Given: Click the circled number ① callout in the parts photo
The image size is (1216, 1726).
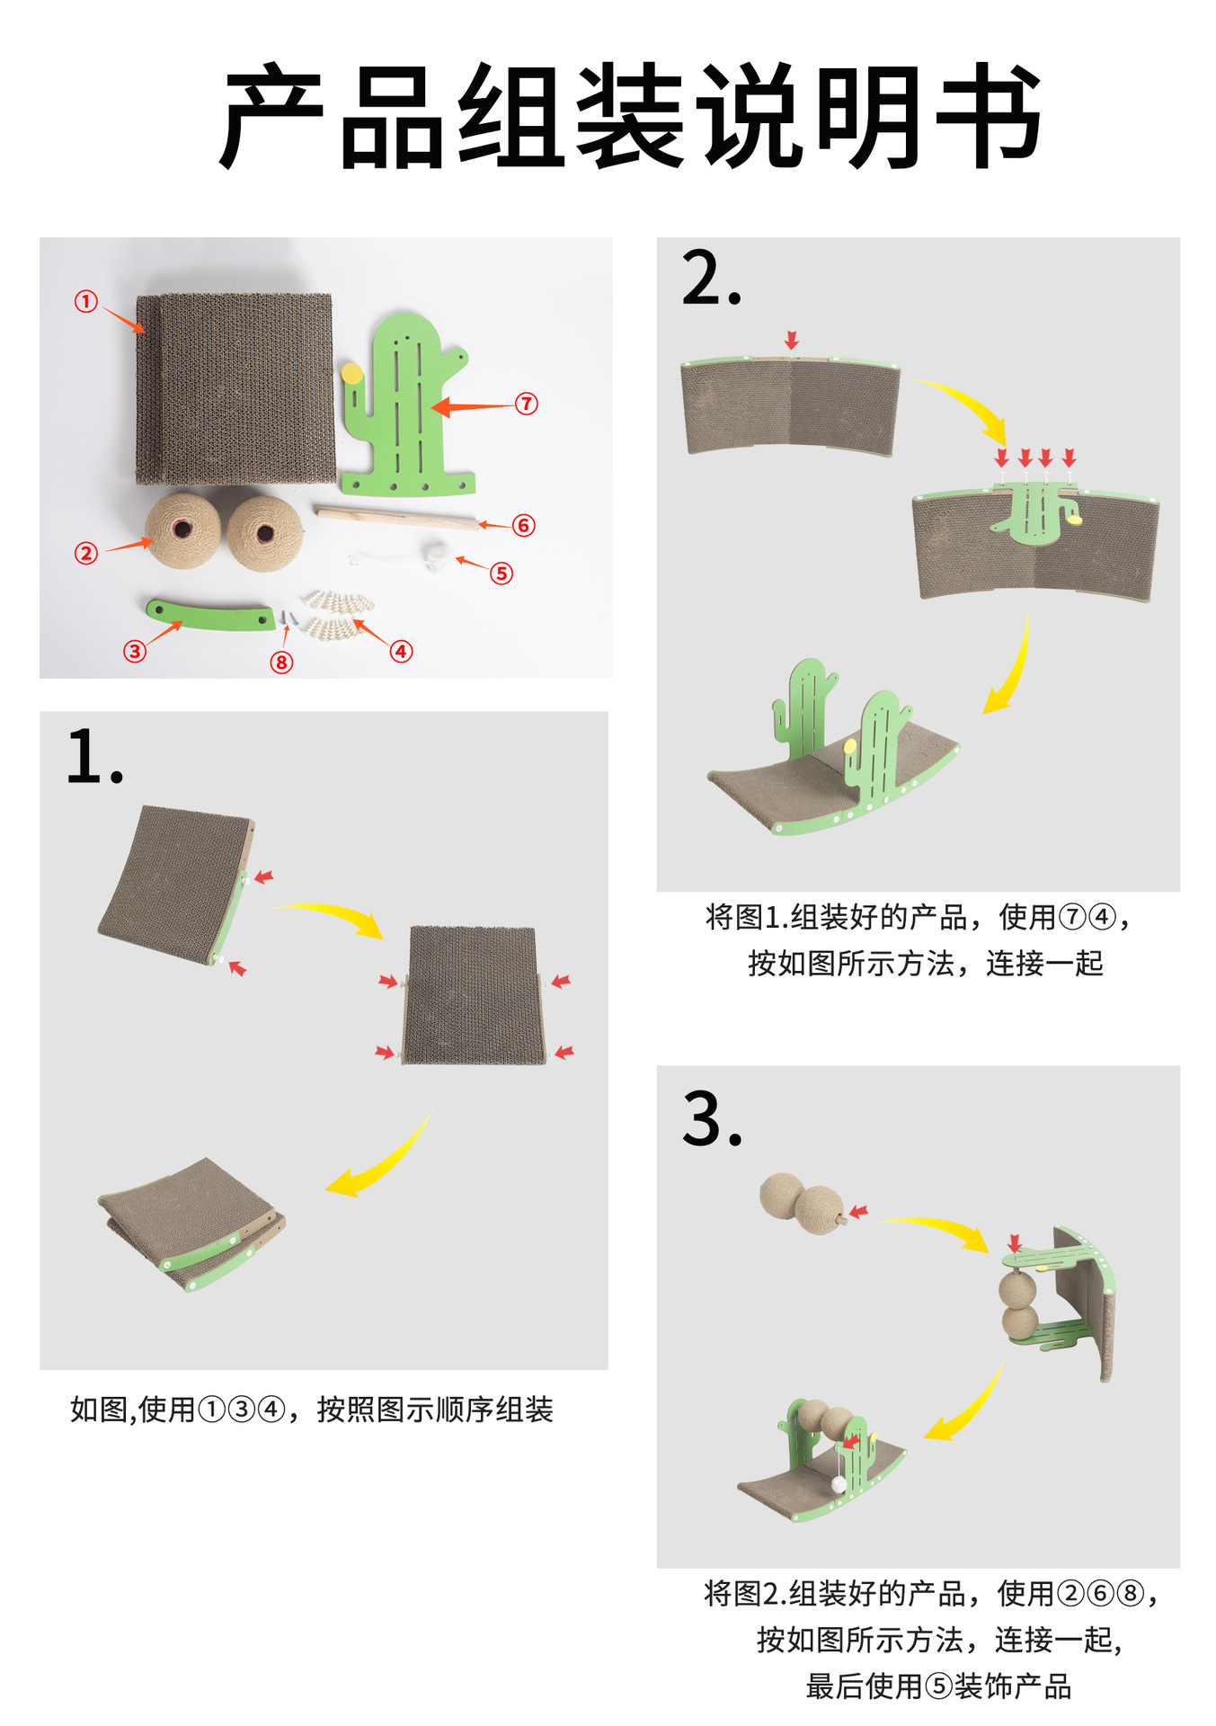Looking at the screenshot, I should (85, 301).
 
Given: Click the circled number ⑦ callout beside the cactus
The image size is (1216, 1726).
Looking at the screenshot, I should (527, 404).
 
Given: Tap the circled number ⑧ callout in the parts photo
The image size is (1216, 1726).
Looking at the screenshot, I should (281, 663).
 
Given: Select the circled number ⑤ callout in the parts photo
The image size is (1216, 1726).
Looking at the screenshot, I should (501, 573).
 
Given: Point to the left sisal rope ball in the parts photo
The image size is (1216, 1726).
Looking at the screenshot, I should (183, 530).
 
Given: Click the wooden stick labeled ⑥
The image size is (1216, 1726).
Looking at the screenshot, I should (395, 518).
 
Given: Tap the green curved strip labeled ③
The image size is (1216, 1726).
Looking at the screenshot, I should (211, 617).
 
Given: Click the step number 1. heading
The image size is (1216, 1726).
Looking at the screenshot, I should (93, 758).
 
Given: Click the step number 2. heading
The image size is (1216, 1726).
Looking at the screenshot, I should (712, 279).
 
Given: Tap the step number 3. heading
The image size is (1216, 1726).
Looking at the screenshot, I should (712, 1119).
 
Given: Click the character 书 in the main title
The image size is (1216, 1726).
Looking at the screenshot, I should (988, 117).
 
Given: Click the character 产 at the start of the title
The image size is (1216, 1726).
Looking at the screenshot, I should (272, 117).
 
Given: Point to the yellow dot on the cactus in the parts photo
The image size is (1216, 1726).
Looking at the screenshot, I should (352, 372).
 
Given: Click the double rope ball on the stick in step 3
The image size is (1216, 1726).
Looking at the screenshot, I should (803, 1203).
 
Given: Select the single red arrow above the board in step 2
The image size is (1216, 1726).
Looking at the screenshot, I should (791, 340).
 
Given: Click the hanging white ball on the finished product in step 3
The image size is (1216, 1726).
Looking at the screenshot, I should (838, 1484).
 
